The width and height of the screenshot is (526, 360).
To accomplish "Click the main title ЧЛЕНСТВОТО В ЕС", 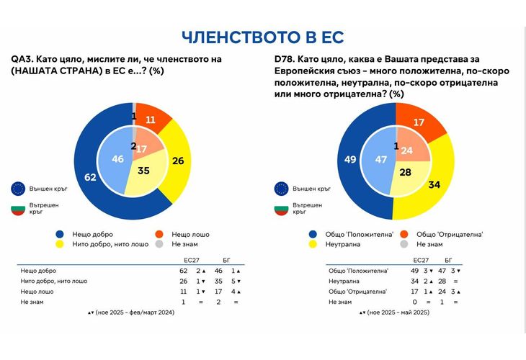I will (262, 37).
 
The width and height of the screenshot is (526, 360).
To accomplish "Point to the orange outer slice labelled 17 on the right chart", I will (417, 122).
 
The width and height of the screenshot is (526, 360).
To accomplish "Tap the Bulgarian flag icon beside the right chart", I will (282, 210).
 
